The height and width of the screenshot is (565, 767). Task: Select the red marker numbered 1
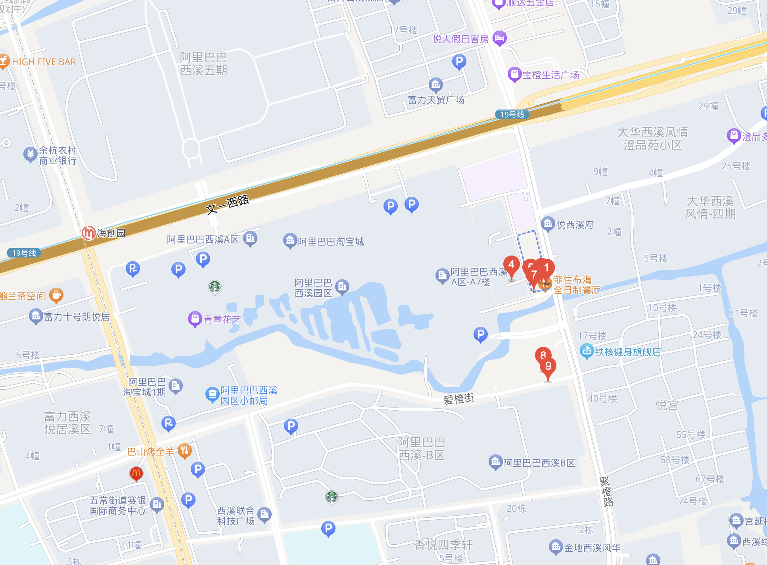(546, 268)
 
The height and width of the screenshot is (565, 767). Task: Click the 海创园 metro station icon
(88, 233)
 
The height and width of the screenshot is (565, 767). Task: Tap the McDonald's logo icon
(136, 473)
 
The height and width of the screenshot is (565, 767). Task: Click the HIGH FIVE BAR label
(44, 62)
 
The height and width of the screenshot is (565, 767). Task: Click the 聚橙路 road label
(606, 492)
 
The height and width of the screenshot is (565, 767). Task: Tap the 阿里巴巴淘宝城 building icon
(290, 240)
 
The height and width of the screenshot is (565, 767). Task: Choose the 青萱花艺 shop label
(222, 319)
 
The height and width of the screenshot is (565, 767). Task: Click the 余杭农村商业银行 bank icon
(30, 154)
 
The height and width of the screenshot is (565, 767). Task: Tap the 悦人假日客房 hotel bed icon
(500, 38)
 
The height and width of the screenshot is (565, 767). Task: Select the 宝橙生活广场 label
(550, 75)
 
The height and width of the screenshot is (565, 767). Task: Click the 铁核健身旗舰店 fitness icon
(586, 351)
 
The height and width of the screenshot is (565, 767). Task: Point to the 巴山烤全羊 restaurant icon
(184, 451)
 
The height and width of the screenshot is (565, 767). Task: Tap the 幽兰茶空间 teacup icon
(56, 295)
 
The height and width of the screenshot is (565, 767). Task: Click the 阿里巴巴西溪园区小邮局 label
(249, 396)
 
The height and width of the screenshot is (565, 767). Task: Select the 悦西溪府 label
(575, 225)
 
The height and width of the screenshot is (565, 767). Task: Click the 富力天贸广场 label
(436, 100)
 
